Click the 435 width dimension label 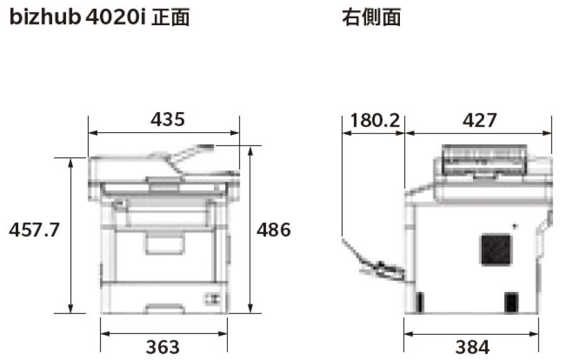pyautogui.click(x=167, y=120)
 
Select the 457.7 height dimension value pyautogui.click(x=35, y=230)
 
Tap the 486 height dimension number pyautogui.click(x=274, y=230)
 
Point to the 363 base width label pyautogui.click(x=163, y=347)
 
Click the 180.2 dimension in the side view pyautogui.click(x=375, y=120)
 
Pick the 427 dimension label pyautogui.click(x=480, y=120)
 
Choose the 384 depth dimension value pyautogui.click(x=472, y=347)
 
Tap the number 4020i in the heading pyautogui.click(x=116, y=18)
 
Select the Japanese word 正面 pyautogui.click(x=170, y=18)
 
